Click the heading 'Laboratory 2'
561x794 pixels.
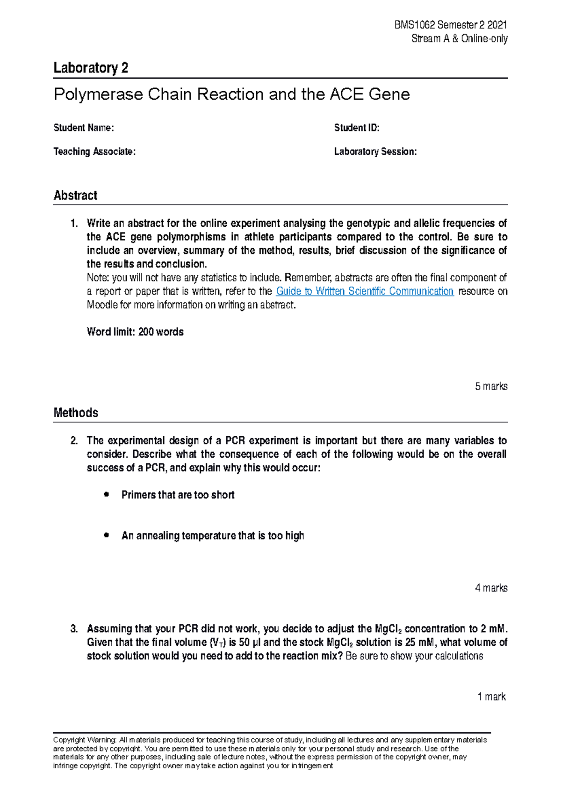tap(91, 68)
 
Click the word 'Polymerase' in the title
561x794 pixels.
tap(98, 94)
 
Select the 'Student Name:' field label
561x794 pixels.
tap(84, 128)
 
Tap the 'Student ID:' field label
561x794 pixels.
tap(356, 128)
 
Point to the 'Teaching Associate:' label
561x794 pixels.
tap(94, 152)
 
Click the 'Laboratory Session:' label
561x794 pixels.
tap(375, 152)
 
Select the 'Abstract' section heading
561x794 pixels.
tap(75, 195)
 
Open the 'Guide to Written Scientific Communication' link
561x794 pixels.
tap(365, 291)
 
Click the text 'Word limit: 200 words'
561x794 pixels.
tap(135, 332)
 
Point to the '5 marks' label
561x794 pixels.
tap(491, 386)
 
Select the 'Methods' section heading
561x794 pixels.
tap(76, 412)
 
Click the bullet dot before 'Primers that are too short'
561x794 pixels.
tap(107, 494)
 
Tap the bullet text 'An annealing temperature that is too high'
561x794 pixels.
tap(213, 535)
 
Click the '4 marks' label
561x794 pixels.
tap(491, 588)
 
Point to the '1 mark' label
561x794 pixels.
tap(491, 697)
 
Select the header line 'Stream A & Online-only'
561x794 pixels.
tap(459, 38)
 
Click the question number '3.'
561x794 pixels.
tap(74, 628)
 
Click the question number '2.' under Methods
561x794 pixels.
tap(74, 440)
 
